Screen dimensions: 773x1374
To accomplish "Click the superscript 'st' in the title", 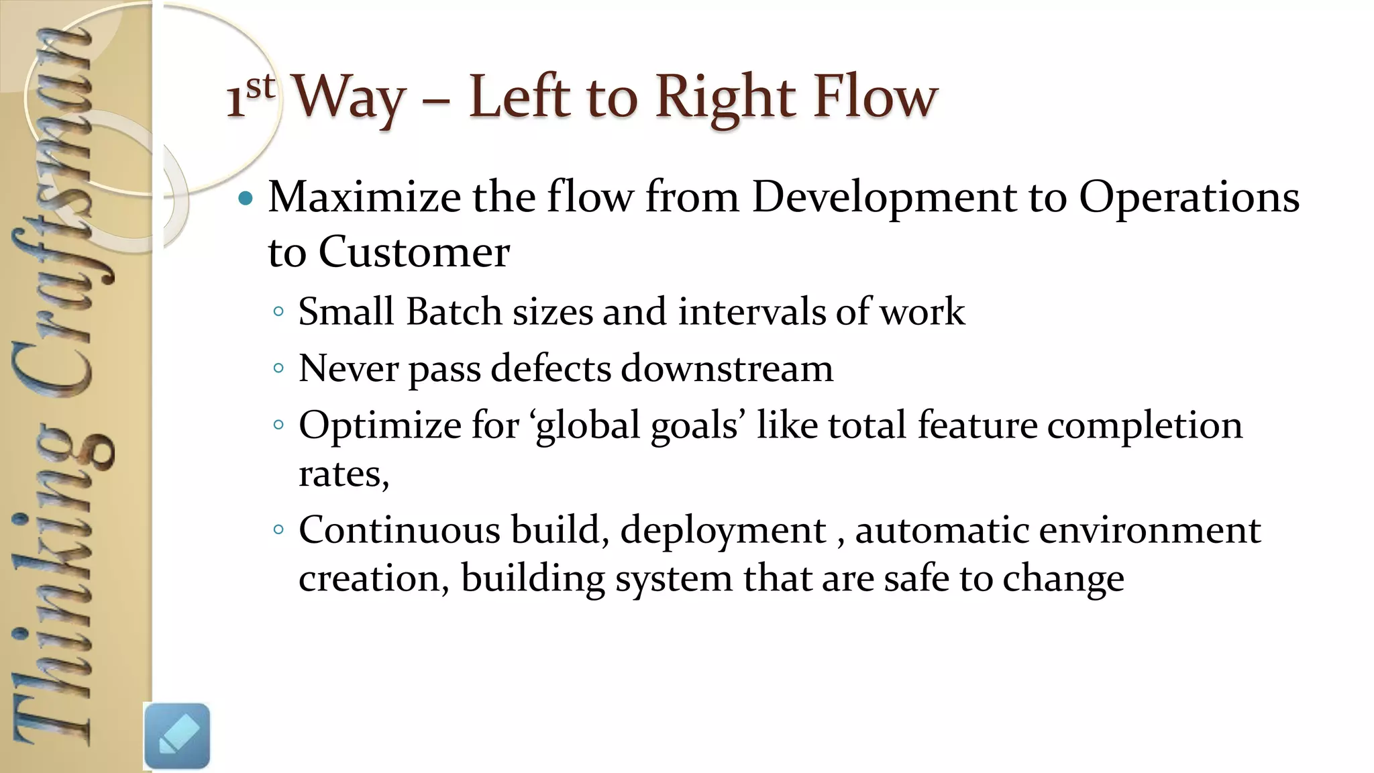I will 260,87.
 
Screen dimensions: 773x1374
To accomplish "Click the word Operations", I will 1189,199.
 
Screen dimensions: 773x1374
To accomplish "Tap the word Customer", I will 414,252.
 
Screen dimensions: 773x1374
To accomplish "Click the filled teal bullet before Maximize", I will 246,198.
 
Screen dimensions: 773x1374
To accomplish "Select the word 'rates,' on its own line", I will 343,475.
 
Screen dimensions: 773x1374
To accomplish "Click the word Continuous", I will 399,530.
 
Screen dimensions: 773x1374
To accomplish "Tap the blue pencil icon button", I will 177,736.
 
